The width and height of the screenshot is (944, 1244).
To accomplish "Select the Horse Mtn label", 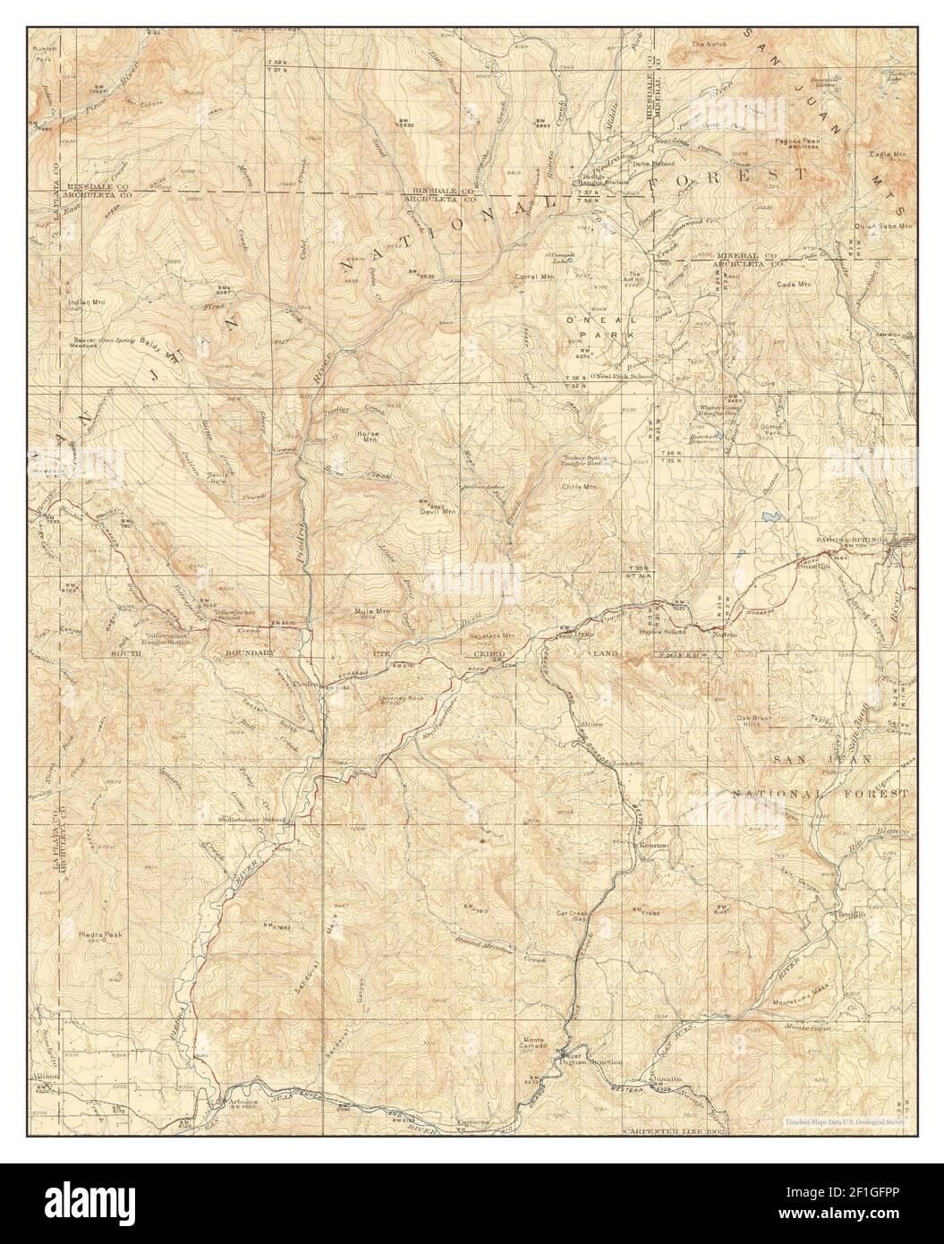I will (368, 439).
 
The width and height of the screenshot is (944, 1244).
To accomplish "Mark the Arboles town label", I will (242, 1101).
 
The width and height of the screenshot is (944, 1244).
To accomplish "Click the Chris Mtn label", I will (578, 487).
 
